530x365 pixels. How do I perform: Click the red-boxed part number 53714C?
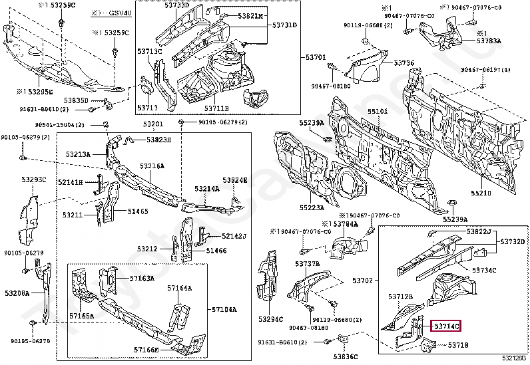(x=445, y=326)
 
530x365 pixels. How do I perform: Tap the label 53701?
(x=316, y=58)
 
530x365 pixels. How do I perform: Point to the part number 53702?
(x=363, y=281)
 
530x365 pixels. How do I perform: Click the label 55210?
(x=481, y=193)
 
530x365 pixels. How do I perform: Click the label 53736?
(x=403, y=63)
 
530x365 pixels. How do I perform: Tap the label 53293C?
(x=33, y=180)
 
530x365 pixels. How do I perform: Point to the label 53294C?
(x=271, y=319)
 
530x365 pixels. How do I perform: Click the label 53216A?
(x=152, y=166)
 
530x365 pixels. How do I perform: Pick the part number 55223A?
(x=311, y=207)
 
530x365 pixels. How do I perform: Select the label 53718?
(x=458, y=345)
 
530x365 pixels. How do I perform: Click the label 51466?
(x=216, y=251)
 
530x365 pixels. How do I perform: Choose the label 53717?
(x=147, y=107)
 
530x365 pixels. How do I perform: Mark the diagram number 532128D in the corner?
(x=515, y=359)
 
